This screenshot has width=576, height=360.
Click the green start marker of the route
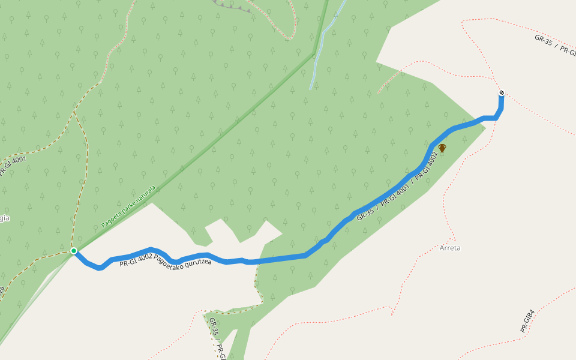[74, 251]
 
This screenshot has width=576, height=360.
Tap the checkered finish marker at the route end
[501, 93]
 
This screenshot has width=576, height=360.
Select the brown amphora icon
[442, 148]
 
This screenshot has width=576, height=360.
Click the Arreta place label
[450, 248]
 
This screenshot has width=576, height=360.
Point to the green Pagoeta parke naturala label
[128, 206]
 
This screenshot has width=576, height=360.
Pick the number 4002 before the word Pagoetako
[143, 262]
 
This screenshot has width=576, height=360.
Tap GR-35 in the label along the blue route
[365, 214]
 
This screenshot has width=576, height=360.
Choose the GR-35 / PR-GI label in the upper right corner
[555, 45]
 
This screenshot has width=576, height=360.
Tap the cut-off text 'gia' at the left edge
[4, 218]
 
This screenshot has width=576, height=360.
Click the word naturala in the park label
[145, 194]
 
